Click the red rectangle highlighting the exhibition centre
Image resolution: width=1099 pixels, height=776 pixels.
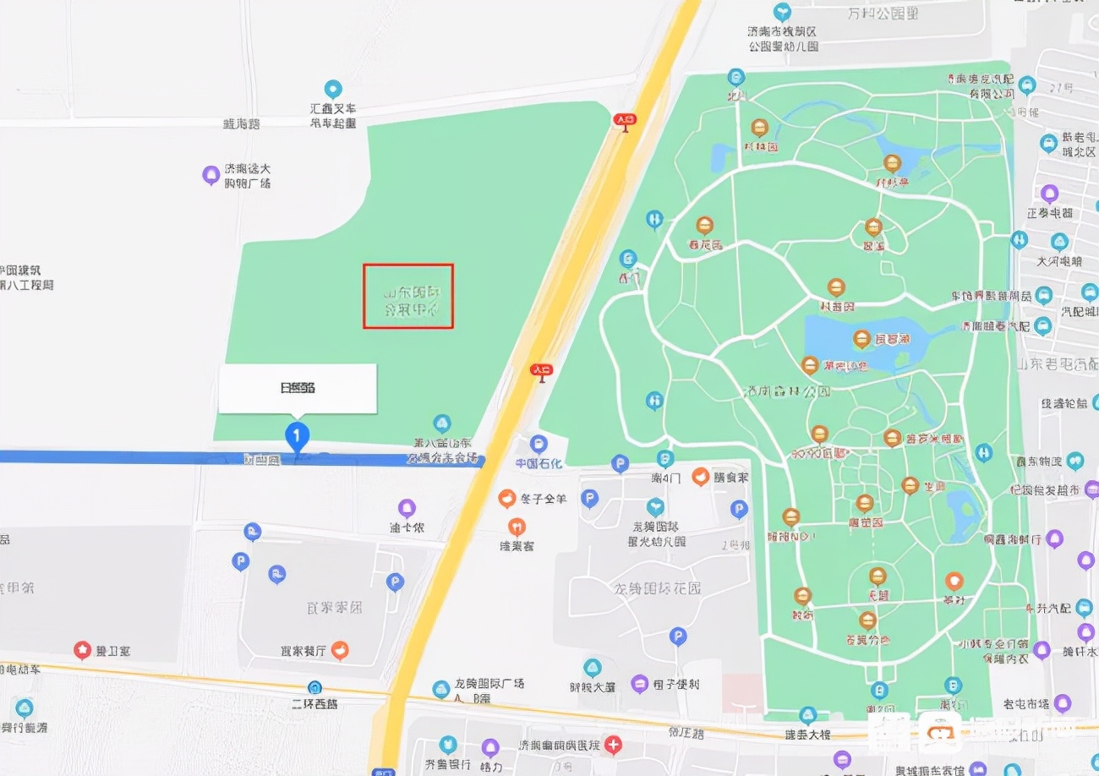point(408,296)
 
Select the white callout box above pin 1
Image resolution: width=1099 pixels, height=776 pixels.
point(298,389)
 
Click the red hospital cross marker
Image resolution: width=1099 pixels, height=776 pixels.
point(614,745)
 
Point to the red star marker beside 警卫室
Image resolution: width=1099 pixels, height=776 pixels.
point(82,650)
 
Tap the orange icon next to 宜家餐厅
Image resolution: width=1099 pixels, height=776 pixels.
point(339,650)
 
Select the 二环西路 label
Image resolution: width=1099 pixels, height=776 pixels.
point(314,703)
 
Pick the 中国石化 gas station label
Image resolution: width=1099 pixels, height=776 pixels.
point(539,463)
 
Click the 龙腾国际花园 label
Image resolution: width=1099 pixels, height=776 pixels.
point(659,588)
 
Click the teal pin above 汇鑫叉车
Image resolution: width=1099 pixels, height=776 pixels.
point(333,89)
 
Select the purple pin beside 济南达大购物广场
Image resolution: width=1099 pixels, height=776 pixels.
point(211,175)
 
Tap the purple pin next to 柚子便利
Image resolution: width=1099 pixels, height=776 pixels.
point(640,683)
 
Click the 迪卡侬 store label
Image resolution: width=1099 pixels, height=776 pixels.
point(407,527)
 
